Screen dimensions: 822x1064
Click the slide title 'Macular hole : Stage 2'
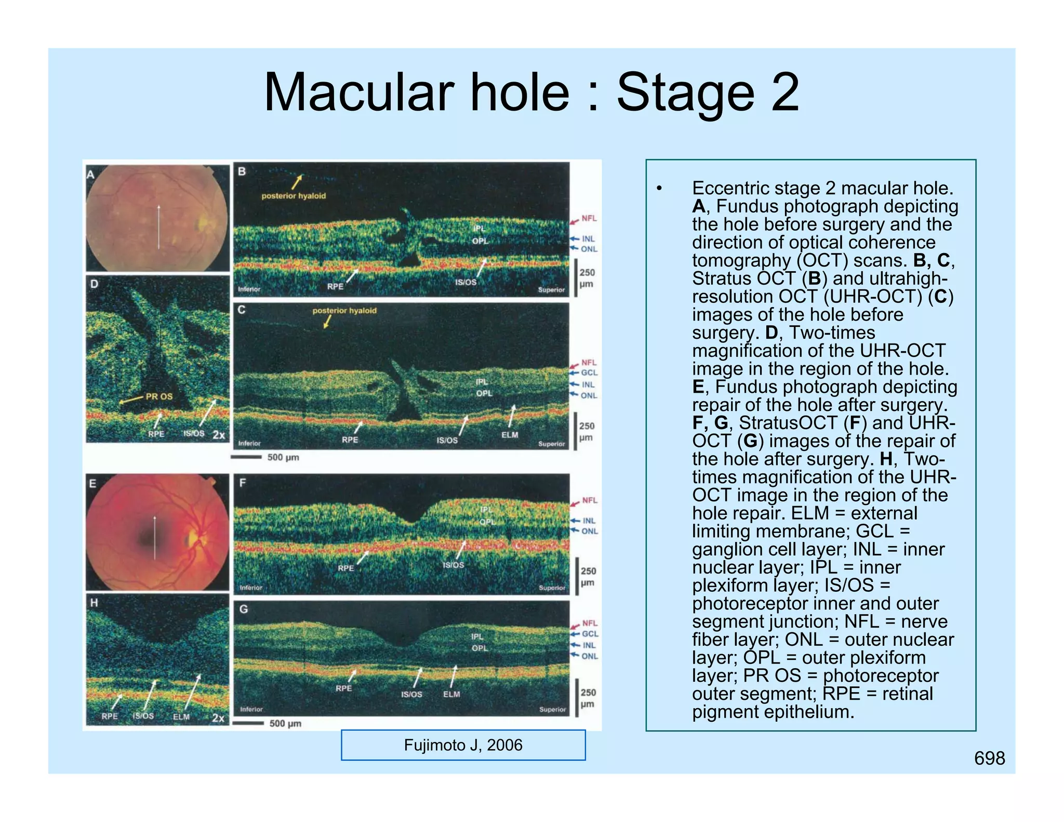tap(531, 93)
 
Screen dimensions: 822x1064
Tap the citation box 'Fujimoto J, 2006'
tap(463, 745)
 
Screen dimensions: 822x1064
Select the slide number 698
tap(989, 758)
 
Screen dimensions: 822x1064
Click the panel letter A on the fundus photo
tap(91, 174)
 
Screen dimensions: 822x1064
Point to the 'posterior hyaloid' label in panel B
tap(294, 196)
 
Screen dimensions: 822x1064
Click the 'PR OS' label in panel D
tap(159, 396)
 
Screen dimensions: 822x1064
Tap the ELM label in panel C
tap(510, 435)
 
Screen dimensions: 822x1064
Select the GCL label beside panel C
tap(589, 373)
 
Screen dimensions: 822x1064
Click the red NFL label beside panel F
tap(590, 500)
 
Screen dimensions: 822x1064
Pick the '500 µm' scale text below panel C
tap(283, 458)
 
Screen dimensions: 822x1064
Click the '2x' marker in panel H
tap(218, 718)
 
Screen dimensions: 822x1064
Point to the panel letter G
tap(243, 609)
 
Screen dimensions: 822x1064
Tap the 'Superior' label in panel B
tap(551, 290)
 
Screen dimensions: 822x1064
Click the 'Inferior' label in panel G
tap(251, 709)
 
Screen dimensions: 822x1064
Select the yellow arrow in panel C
tap(327, 322)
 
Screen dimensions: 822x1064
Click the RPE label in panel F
tap(346, 568)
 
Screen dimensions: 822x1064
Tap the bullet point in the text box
tap(659, 188)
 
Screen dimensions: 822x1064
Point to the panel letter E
tap(92, 483)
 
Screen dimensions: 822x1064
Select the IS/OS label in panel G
tap(411, 694)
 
